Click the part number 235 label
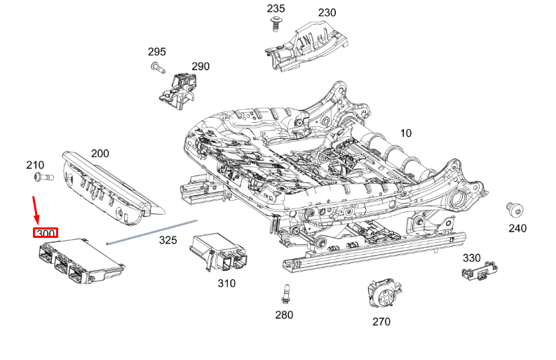click(276, 8)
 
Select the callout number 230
click(327, 13)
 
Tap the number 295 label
click(156, 52)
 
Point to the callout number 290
click(201, 67)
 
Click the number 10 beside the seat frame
click(406, 133)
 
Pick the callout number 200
click(100, 153)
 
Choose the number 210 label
click(35, 165)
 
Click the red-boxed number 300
click(46, 233)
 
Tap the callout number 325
click(168, 240)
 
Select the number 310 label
click(226, 284)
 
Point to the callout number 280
click(284, 315)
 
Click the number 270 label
click(381, 321)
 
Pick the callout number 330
click(471, 258)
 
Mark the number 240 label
click(517, 228)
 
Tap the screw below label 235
click(276, 24)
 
